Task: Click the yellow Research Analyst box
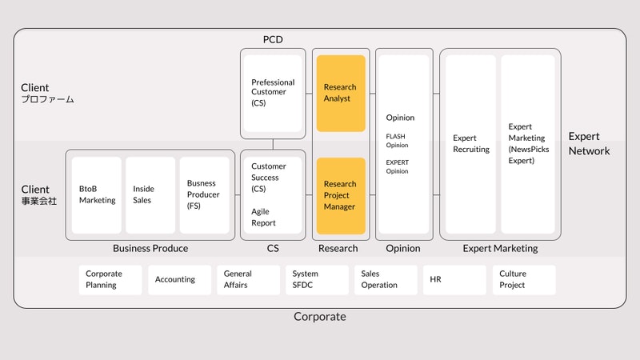pyautogui.click(x=341, y=93)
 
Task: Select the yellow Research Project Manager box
pyautogui.click(x=341, y=195)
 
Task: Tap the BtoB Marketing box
pyautogui.click(x=97, y=194)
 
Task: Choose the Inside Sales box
pyautogui.click(x=150, y=194)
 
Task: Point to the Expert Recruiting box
pyautogui.click(x=470, y=144)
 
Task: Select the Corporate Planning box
pyautogui.click(x=110, y=279)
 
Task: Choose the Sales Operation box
pyautogui.click(x=386, y=279)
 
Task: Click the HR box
pyautogui.click(x=454, y=280)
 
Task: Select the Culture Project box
pyautogui.click(x=522, y=279)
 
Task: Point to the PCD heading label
pyautogui.click(x=273, y=39)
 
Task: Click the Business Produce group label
pyautogui.click(x=150, y=248)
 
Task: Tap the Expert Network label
pyautogui.click(x=589, y=144)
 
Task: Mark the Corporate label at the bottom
pyautogui.click(x=320, y=317)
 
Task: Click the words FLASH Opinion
pyautogui.click(x=396, y=141)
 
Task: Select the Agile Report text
pyautogui.click(x=264, y=218)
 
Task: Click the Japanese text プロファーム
pyautogui.click(x=47, y=100)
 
